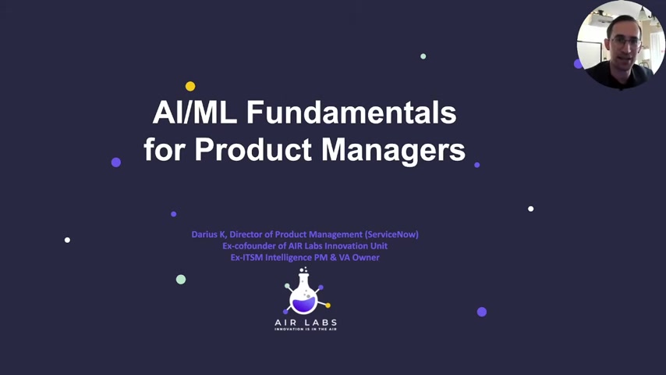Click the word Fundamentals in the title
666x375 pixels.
(x=351, y=112)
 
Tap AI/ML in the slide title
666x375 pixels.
(x=194, y=112)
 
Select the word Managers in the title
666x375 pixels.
(x=393, y=149)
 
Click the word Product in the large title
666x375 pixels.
(x=253, y=149)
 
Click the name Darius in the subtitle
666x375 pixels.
(x=204, y=234)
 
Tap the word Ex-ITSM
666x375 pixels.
(x=246, y=258)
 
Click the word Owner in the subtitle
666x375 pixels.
(x=366, y=258)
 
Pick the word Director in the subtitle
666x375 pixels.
(x=246, y=234)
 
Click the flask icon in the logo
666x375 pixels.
(x=305, y=291)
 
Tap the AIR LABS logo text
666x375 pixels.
(x=306, y=323)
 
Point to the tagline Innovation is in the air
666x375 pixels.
(x=306, y=329)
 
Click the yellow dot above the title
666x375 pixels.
(x=190, y=87)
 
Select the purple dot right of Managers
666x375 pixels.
(x=477, y=165)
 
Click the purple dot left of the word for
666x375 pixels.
(x=116, y=162)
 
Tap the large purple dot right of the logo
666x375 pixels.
(x=482, y=312)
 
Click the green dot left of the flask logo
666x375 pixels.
(x=181, y=279)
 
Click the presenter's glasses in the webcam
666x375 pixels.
(x=625, y=42)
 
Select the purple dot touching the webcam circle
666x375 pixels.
(x=578, y=64)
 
